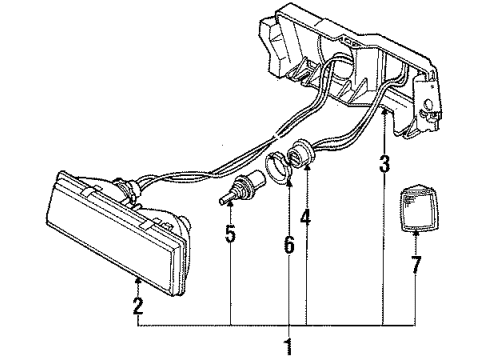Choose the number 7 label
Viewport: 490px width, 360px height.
click(416, 266)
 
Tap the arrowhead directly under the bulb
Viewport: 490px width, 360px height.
click(231, 205)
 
